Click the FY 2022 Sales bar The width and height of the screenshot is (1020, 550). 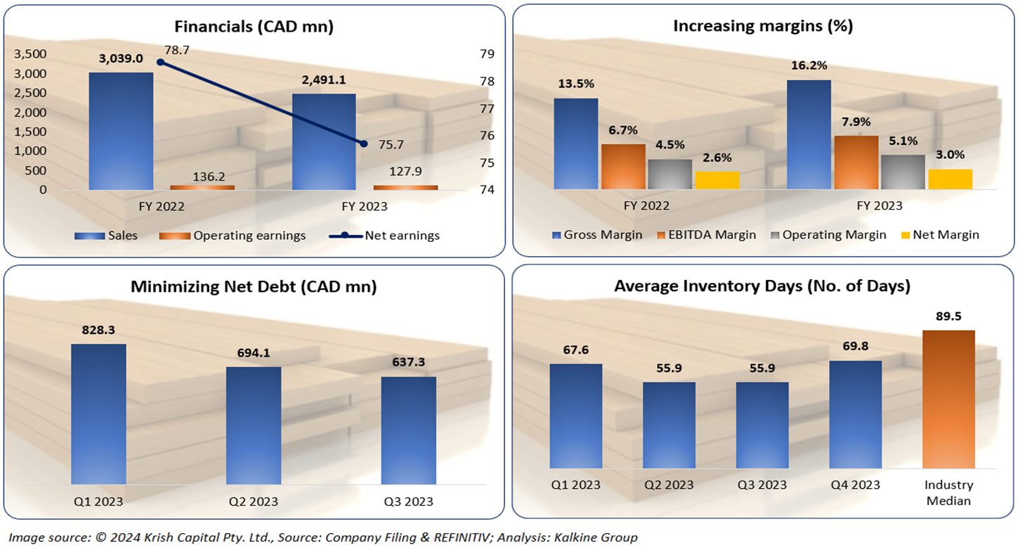(121, 131)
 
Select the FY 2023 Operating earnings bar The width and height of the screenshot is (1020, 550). (405, 187)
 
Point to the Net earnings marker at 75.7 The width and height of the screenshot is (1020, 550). (363, 143)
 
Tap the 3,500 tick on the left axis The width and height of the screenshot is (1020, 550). (30, 54)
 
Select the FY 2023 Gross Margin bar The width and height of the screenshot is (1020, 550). (809, 134)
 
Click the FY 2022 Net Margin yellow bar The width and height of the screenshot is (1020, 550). (717, 180)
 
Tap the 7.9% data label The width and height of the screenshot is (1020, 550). (856, 121)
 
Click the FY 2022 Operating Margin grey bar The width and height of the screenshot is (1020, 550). (669, 174)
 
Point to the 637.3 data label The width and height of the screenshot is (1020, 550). (408, 362)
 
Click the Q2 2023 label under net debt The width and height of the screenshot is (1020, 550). (254, 501)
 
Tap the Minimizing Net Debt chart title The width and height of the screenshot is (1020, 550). (254, 287)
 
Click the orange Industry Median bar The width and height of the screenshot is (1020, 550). (948, 399)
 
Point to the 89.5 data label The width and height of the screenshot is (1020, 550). (948, 316)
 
